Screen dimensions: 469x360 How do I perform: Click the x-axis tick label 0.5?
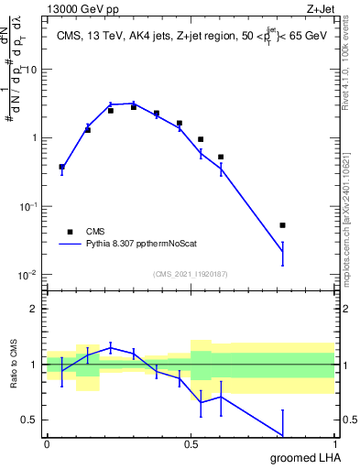click(x=191, y=444)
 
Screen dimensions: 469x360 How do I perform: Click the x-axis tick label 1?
click(x=334, y=444)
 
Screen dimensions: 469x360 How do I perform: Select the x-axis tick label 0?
click(x=47, y=444)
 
